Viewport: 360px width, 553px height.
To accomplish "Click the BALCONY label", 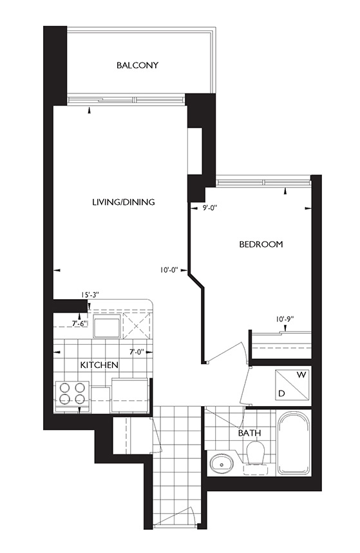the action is click(x=137, y=65).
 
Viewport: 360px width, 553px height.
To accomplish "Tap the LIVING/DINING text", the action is click(x=123, y=202).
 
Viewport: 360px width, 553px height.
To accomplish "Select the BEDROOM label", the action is click(x=261, y=244).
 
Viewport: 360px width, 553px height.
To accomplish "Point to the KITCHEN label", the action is click(x=99, y=365).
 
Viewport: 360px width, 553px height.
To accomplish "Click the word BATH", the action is click(x=249, y=432).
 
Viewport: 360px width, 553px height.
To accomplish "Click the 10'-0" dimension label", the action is click(x=168, y=270).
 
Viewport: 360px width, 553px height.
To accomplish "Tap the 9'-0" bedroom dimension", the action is click(x=209, y=208).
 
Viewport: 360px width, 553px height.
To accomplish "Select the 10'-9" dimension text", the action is click(x=285, y=319).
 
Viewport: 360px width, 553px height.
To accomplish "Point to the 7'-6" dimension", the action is click(x=79, y=324).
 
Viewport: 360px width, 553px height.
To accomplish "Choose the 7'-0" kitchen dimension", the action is click(x=137, y=352).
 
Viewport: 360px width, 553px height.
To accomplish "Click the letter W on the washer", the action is click(x=301, y=375).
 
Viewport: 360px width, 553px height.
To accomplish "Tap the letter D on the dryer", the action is click(x=281, y=393).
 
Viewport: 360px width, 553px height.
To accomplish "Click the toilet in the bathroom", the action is click(x=256, y=455).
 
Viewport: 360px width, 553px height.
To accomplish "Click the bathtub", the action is click(x=294, y=443).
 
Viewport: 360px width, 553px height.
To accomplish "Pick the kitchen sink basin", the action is click(x=107, y=325).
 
